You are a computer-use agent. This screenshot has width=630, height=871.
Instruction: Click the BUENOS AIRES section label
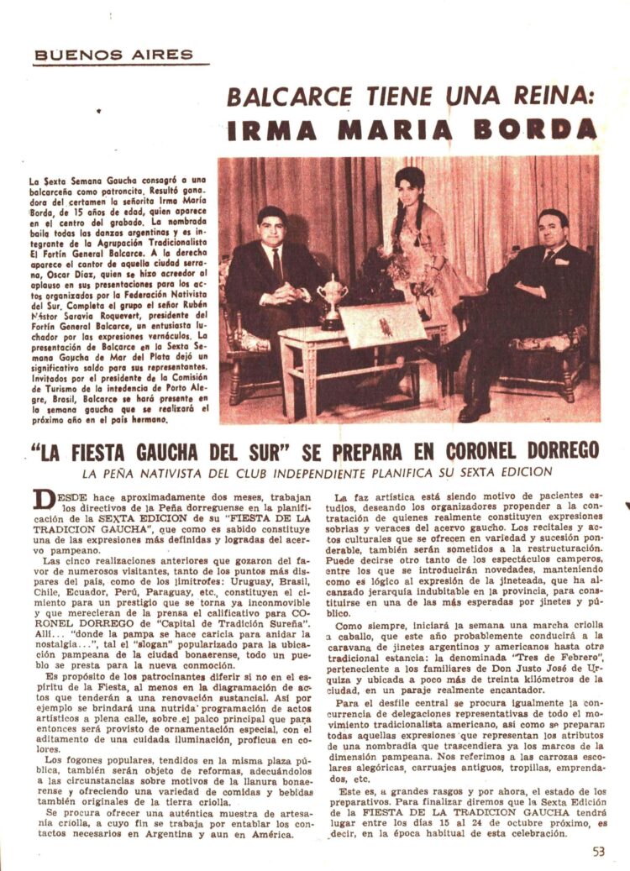[x=113, y=55]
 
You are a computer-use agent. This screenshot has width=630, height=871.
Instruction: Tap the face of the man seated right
[x=553, y=230]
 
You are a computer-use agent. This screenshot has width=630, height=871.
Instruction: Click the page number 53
[x=597, y=850]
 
